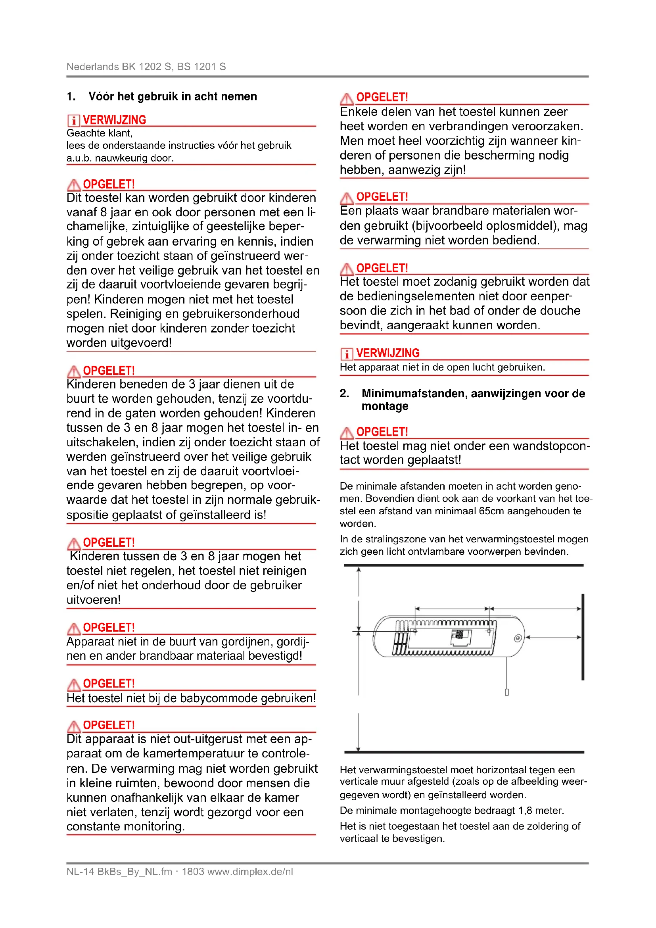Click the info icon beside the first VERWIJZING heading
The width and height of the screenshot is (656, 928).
tap(73, 121)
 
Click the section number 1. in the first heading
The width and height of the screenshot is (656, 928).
tap(71, 96)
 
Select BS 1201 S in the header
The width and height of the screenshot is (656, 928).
tap(201, 67)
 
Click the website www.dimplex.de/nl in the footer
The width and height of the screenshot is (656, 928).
tap(250, 871)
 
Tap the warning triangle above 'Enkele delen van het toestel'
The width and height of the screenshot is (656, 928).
tap(347, 98)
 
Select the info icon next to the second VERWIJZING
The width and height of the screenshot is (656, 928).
tap(347, 354)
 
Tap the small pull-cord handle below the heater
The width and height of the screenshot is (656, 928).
tap(506, 692)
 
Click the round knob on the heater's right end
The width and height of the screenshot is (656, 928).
tap(518, 638)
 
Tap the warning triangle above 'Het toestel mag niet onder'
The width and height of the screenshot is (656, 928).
tap(347, 433)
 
